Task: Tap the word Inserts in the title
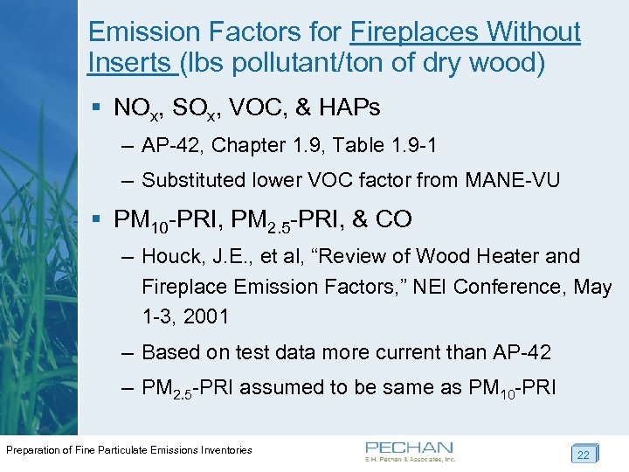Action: [x=130, y=63]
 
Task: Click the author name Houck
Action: [x=172, y=256]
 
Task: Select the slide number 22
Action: [x=582, y=454]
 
